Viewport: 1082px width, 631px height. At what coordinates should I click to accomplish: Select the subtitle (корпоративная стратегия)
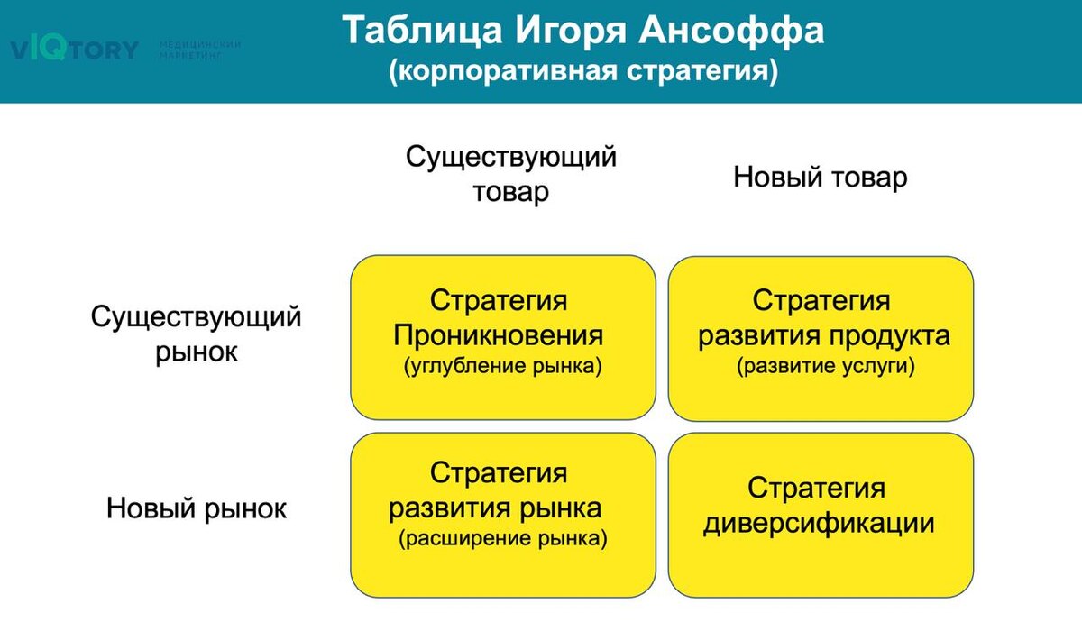pyautogui.click(x=582, y=71)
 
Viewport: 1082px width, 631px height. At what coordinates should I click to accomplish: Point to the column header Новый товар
pyautogui.click(x=820, y=177)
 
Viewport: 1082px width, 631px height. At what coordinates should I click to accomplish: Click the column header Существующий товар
pyautogui.click(x=511, y=174)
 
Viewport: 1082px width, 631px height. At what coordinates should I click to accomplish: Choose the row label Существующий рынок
pyautogui.click(x=197, y=334)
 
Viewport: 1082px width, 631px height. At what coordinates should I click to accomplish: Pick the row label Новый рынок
pyautogui.click(x=197, y=508)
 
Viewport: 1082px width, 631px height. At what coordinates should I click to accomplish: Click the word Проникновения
pyautogui.click(x=499, y=336)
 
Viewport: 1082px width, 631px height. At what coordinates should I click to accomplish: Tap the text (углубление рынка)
pyautogui.click(x=502, y=367)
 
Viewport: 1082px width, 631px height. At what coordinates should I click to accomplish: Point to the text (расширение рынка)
pyautogui.click(x=502, y=540)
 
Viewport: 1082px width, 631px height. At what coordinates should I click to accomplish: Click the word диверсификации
pyautogui.click(x=818, y=523)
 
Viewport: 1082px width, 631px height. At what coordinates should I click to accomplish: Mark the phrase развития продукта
pyautogui.click(x=824, y=336)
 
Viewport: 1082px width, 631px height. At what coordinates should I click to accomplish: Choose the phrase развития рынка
pyautogui.click(x=495, y=508)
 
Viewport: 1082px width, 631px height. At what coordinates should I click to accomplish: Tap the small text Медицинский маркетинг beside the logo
pyautogui.click(x=199, y=50)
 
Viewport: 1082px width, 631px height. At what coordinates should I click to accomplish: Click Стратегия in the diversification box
pyautogui.click(x=817, y=489)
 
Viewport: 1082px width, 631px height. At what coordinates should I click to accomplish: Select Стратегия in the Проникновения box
pyautogui.click(x=499, y=300)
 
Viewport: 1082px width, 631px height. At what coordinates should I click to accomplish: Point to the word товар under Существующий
pyautogui.click(x=511, y=192)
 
